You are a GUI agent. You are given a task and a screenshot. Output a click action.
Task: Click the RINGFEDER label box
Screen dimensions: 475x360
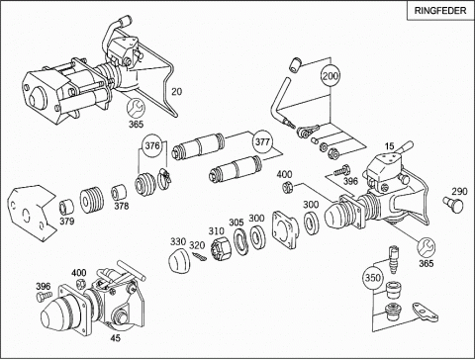440,11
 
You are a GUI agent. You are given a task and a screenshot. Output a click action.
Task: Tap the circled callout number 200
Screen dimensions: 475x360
331,76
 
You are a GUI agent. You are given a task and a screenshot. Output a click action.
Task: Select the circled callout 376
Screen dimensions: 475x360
152,145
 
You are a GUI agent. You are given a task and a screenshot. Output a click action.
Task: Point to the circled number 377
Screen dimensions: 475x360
262,142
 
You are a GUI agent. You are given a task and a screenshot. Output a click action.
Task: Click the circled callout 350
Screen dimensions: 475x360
372,278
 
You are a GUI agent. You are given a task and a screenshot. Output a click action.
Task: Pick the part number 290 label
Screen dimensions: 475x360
459,192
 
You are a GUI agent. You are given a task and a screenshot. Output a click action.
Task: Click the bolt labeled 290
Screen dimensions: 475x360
453,205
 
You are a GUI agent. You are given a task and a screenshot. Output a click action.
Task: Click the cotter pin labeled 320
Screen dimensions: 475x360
200,256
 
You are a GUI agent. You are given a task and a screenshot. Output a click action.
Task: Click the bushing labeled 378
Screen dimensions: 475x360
119,193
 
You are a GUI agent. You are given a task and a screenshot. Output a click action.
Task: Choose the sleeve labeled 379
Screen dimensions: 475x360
66,208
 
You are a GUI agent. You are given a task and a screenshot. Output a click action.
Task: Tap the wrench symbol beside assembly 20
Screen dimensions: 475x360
136,108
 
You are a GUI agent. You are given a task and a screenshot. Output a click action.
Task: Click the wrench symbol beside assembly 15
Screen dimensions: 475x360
427,247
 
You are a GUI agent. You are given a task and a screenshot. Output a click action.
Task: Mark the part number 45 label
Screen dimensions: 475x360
116,338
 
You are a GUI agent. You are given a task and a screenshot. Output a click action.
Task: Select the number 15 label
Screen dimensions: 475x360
389,146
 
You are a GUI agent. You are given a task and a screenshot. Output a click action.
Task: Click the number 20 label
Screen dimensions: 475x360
176,92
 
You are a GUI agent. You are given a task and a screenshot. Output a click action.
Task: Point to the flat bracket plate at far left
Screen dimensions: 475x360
31,213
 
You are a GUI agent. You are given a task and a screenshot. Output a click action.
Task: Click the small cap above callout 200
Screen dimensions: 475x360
295,64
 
